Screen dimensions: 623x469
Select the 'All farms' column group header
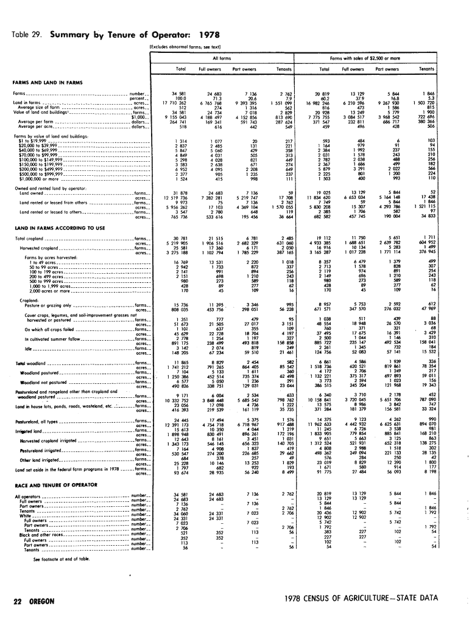pyautogui.click(x=222, y=57)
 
